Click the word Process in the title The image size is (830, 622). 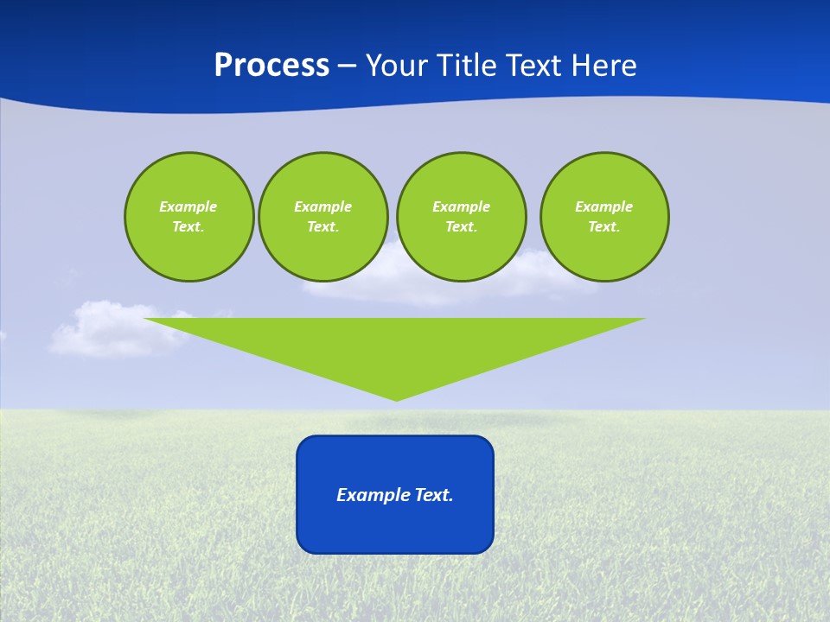pyautogui.click(x=271, y=66)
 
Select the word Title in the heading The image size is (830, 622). pyautogui.click(x=469, y=66)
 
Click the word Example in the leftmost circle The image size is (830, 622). pyautogui.click(x=188, y=206)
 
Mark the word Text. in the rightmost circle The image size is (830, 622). pyautogui.click(x=604, y=227)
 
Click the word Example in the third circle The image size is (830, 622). pyautogui.click(x=461, y=206)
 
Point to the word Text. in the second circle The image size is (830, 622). pyautogui.click(x=322, y=227)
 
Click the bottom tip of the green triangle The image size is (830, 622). pyautogui.click(x=396, y=398)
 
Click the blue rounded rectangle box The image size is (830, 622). pyautogui.click(x=395, y=527)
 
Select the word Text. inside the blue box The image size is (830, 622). pyautogui.click(x=434, y=495)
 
